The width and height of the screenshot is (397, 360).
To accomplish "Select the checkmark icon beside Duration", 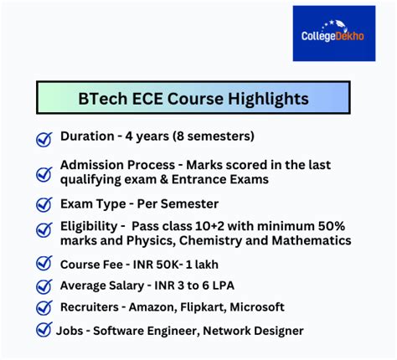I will pyautogui.click(x=44, y=139).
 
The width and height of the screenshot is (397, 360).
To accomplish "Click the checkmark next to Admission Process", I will pyautogui.click(x=44, y=174).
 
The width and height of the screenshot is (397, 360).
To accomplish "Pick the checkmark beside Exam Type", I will pyautogui.click(x=44, y=204).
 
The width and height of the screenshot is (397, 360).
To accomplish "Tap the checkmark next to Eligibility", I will pyautogui.click(x=44, y=232).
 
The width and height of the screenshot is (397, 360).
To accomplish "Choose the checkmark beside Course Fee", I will pyautogui.click(x=44, y=265).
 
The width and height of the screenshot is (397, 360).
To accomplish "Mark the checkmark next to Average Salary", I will pyautogui.click(x=44, y=286).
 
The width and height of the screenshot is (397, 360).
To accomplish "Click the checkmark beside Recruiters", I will pyautogui.click(x=44, y=308).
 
